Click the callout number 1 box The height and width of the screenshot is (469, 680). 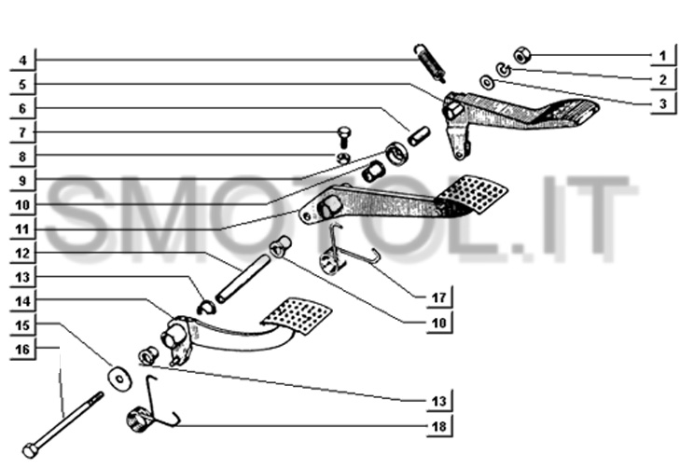pos(662,56)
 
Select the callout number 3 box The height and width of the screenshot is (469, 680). pos(662,104)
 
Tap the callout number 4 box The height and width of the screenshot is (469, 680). pos(22,62)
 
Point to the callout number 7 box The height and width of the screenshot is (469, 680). pos(22,132)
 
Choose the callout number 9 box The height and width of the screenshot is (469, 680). pos(22,180)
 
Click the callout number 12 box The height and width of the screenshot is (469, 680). pos(22,253)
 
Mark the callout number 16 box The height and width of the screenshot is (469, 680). pos(22,350)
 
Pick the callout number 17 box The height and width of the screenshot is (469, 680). pos(439,298)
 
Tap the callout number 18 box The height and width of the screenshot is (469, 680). pos(439,426)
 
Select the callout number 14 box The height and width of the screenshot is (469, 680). pos(22,301)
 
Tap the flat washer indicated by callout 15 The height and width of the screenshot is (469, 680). pos(118,378)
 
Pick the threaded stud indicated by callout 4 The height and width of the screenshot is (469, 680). pos(431,60)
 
